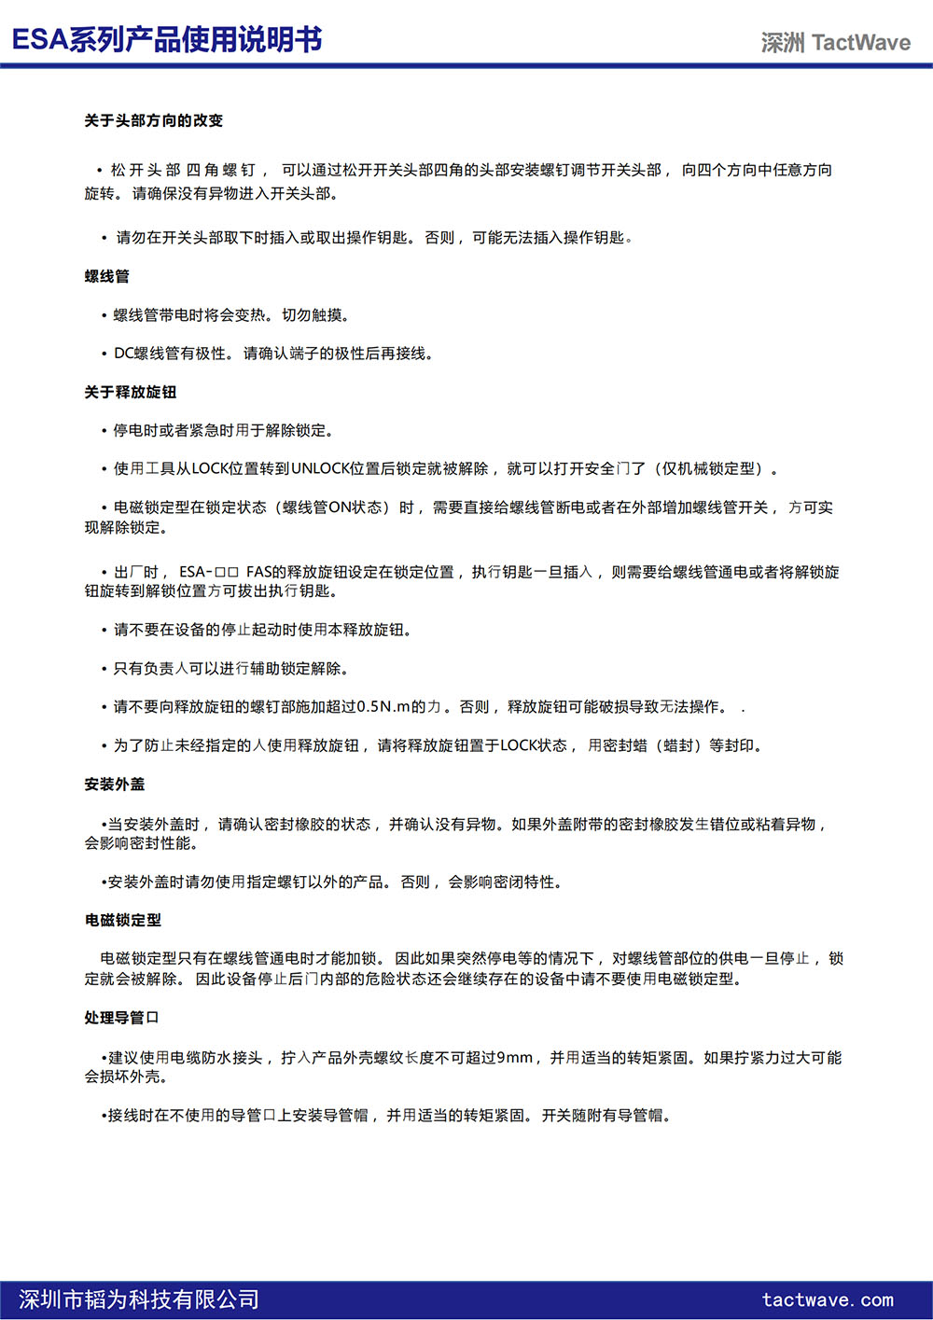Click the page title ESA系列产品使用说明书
tap(167, 39)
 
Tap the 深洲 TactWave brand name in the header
tap(835, 43)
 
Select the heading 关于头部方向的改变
tap(154, 120)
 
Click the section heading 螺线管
tap(107, 276)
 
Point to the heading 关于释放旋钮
tap(131, 392)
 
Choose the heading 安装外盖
tap(115, 785)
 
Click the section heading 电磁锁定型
tap(123, 920)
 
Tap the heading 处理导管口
tap(122, 1018)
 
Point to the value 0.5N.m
tap(383, 707)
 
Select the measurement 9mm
tap(514, 1058)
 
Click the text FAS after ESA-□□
tap(259, 572)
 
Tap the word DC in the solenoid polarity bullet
tap(123, 354)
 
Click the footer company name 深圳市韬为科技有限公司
tap(139, 1299)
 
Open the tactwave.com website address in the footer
tap(828, 1299)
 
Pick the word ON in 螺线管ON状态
tap(341, 507)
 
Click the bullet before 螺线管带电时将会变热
tap(104, 315)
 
